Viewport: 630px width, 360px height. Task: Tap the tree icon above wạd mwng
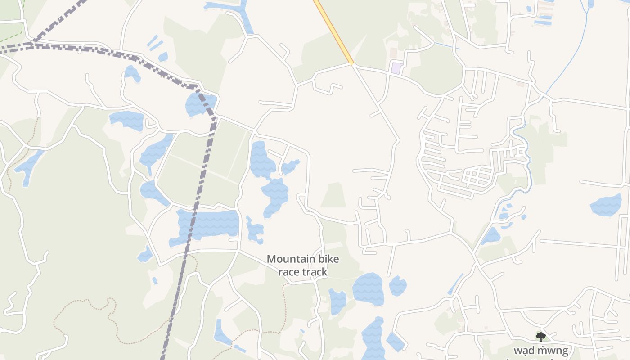tap(540, 336)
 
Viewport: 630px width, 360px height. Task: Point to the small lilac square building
tap(396, 68)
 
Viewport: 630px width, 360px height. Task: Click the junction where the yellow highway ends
tap(353, 64)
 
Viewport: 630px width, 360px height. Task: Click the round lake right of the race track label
tap(368, 289)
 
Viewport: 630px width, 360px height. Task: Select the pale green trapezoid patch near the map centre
tap(333, 195)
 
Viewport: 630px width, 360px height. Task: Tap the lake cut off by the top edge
tap(229, 7)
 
